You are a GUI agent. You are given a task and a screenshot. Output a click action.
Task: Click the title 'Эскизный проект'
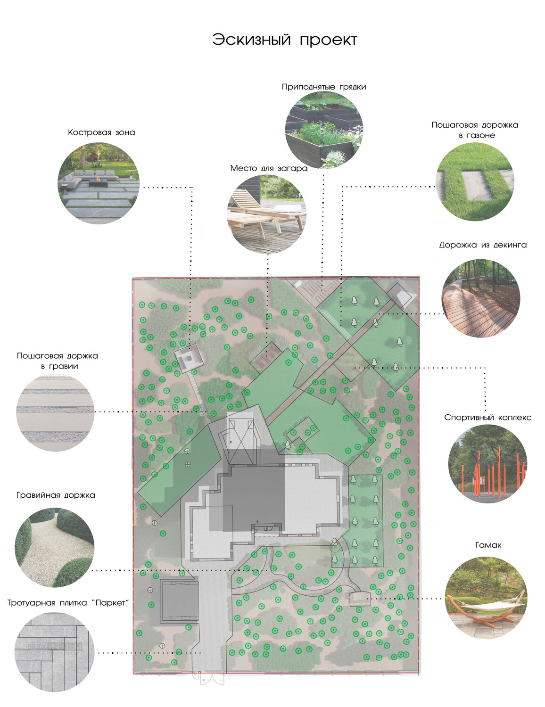pos(285,40)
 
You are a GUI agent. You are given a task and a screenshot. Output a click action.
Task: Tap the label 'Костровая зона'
pos(101,132)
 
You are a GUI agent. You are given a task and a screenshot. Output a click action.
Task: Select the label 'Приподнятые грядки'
pos(324,87)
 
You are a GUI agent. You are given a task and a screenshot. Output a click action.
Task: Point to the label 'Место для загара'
pos(269,168)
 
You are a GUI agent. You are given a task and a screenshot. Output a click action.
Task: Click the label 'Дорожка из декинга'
pos(482,245)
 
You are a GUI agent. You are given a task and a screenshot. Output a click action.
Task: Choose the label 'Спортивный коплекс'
pos(487,418)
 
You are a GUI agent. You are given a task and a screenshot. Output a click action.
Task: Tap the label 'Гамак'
pos(488,545)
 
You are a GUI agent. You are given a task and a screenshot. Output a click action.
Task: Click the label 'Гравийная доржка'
pos(56,495)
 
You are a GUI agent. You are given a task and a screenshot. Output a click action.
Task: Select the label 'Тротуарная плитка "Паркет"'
pos(68,603)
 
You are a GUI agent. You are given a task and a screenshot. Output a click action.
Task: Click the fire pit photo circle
pos(99,183)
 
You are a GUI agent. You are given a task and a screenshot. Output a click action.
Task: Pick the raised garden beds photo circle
pos(324,130)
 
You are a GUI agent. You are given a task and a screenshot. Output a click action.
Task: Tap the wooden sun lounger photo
pos(267,214)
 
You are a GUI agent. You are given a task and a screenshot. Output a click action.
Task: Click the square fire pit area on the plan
pos(189,359)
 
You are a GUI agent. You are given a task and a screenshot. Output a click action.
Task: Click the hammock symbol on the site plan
pos(360,598)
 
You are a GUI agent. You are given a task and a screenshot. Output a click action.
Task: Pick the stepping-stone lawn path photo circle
pos(475,181)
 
